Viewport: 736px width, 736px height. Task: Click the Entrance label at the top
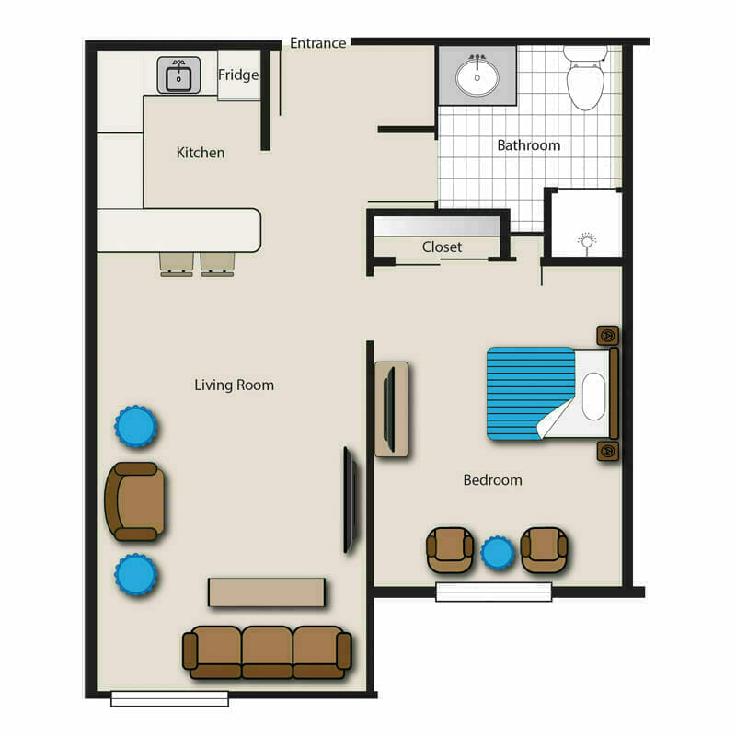[x=317, y=43]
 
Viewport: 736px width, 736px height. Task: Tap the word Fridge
[x=238, y=75]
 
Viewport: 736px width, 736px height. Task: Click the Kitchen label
[x=201, y=153]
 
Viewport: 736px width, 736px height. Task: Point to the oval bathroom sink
[x=477, y=76]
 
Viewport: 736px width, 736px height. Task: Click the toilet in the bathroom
[x=585, y=77]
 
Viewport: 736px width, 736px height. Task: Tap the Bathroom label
[x=528, y=145]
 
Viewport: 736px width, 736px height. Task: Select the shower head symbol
[x=586, y=243]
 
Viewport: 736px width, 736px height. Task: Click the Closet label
[x=442, y=247]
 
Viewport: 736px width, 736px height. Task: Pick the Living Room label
[x=235, y=385]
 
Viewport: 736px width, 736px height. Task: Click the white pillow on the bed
[x=593, y=397]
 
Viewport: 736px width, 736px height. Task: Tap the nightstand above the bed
[x=608, y=336]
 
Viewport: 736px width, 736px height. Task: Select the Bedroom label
[x=492, y=480]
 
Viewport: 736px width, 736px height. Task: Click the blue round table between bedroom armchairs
[x=497, y=553]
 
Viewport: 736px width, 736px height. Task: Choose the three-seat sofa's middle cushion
[x=267, y=652]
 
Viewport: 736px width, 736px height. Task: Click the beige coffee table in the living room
[x=267, y=592]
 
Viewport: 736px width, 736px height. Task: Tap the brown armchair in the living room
[x=135, y=500]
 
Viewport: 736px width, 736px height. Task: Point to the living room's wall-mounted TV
[x=351, y=500]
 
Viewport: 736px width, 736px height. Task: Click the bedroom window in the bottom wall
[x=494, y=592]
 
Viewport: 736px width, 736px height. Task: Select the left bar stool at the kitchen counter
[x=177, y=264]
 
